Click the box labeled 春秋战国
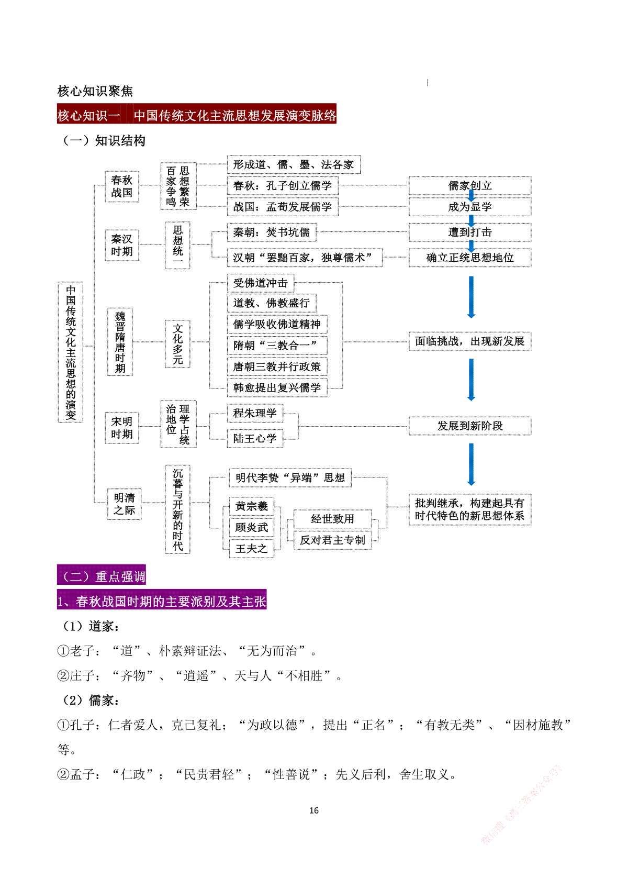pos(121,186)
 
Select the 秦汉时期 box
pos(121,245)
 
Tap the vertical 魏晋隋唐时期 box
pos(120,342)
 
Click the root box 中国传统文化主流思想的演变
pos(71,352)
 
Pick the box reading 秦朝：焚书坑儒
pos(272,232)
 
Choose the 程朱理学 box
pos(255,413)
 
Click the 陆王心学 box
pos(255,438)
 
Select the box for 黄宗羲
pos(251,506)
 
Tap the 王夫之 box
pos(251,548)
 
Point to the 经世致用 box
pos(332,519)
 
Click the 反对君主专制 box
pos(332,540)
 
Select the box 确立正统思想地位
pos(469,258)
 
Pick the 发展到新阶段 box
pos(469,426)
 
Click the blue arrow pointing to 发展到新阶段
pos(471,380)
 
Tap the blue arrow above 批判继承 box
pos(471,464)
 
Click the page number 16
pos(314,810)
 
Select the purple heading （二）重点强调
pos(102,576)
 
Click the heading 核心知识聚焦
pos(95,91)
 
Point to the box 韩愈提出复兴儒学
pos(277,387)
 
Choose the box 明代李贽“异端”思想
pos(290,477)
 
